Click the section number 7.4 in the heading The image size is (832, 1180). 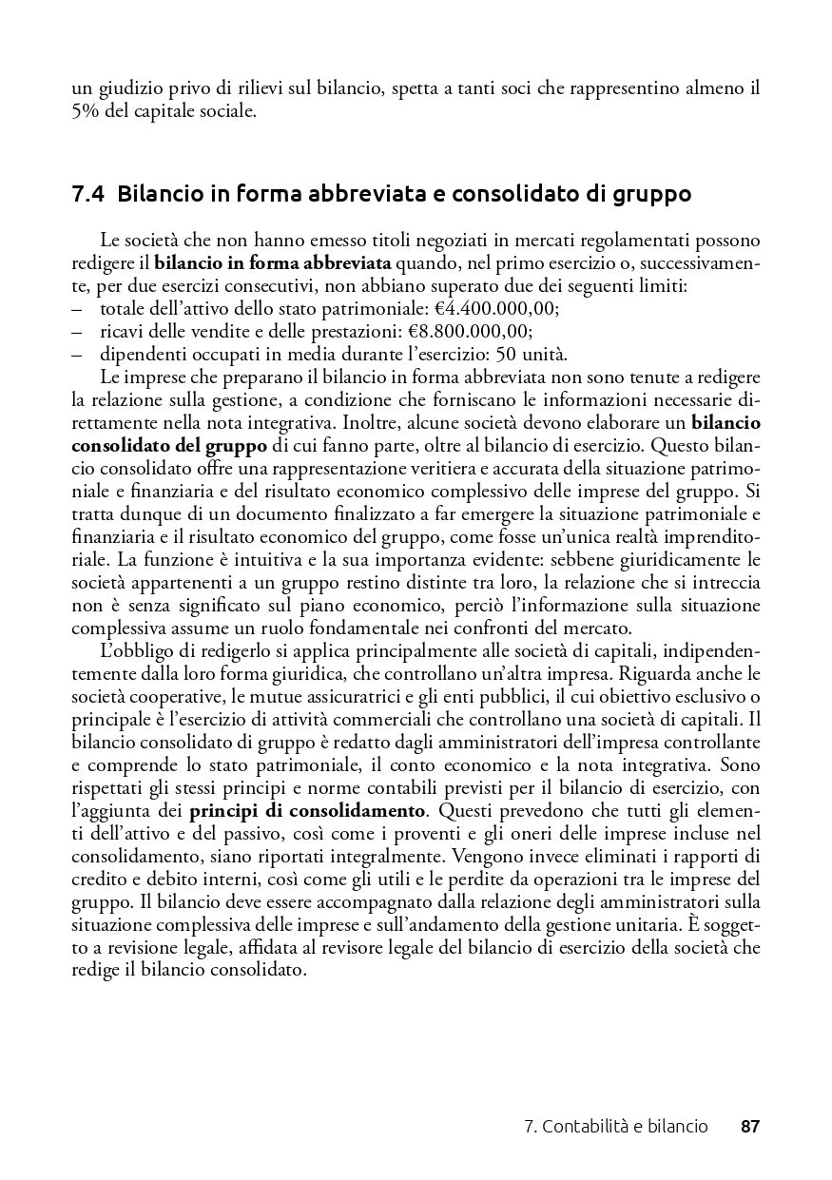point(88,194)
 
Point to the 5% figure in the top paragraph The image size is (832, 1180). point(86,111)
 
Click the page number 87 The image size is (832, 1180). point(750,1127)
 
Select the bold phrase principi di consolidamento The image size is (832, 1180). point(307,811)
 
